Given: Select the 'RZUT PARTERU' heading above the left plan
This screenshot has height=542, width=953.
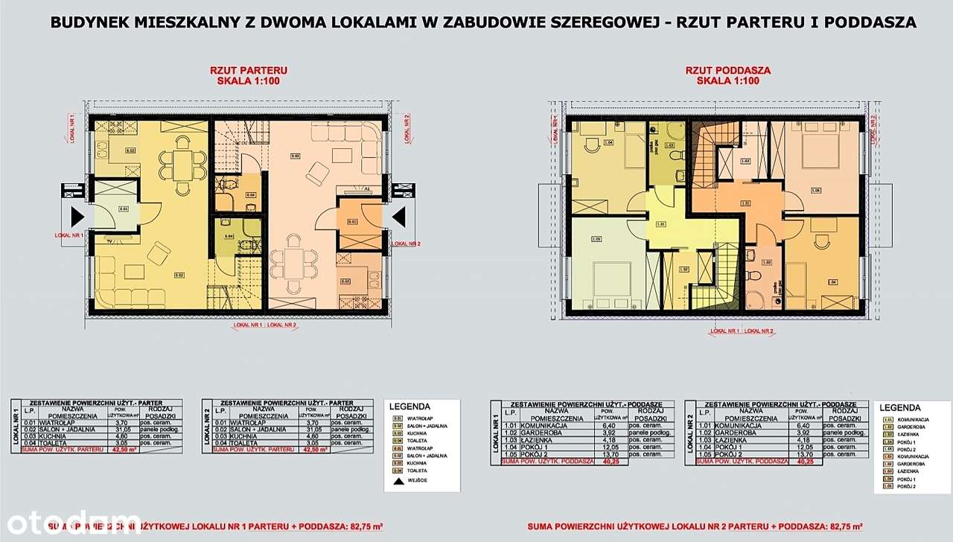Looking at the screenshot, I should coord(248,71).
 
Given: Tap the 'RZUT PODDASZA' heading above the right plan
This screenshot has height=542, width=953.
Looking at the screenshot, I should coord(727,71).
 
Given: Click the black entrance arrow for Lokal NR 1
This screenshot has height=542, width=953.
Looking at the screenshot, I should coord(77,217).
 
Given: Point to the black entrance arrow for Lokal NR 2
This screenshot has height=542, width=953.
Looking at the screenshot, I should coord(398,217).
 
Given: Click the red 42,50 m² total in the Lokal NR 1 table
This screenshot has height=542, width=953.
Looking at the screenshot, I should coord(120,450).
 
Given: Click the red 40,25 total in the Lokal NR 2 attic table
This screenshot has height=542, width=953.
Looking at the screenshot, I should coord(805,462).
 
